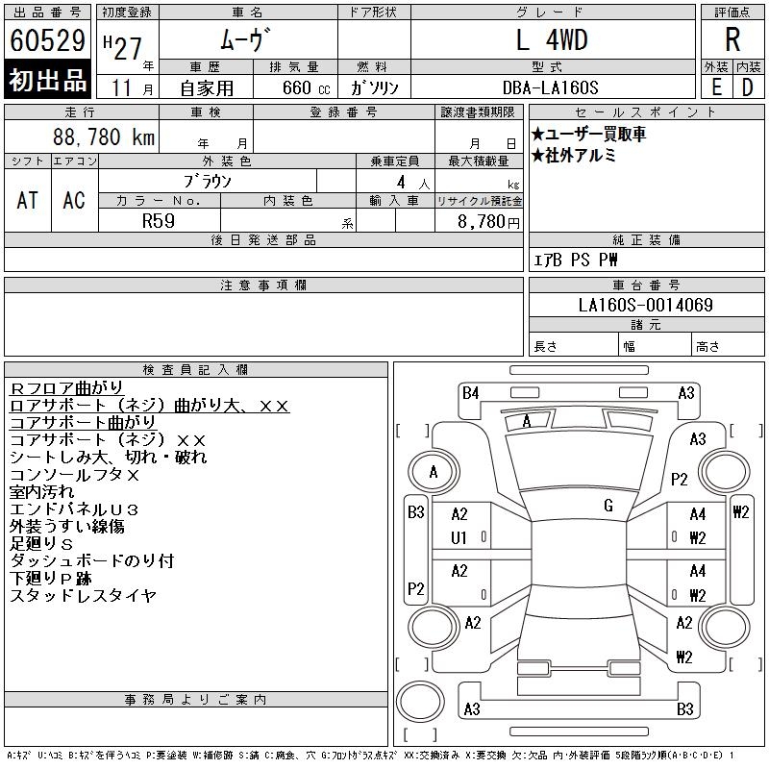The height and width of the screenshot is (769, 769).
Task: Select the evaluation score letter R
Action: coord(732,39)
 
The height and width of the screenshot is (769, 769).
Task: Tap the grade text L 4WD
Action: coord(552,40)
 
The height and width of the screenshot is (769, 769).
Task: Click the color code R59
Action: coord(158,220)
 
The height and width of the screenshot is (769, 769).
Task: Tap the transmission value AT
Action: coord(28,200)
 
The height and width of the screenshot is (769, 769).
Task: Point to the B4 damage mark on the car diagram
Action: coord(470,392)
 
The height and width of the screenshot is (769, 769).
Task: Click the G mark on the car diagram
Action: coord(608,506)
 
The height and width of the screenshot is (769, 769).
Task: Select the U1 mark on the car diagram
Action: coord(459,537)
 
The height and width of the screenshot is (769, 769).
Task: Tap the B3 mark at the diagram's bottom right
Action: coord(684,709)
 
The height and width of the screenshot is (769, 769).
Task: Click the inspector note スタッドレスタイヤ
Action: coord(83,596)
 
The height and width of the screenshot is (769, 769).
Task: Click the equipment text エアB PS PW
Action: coord(576,260)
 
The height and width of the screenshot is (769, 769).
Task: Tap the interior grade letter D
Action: coord(746,87)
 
